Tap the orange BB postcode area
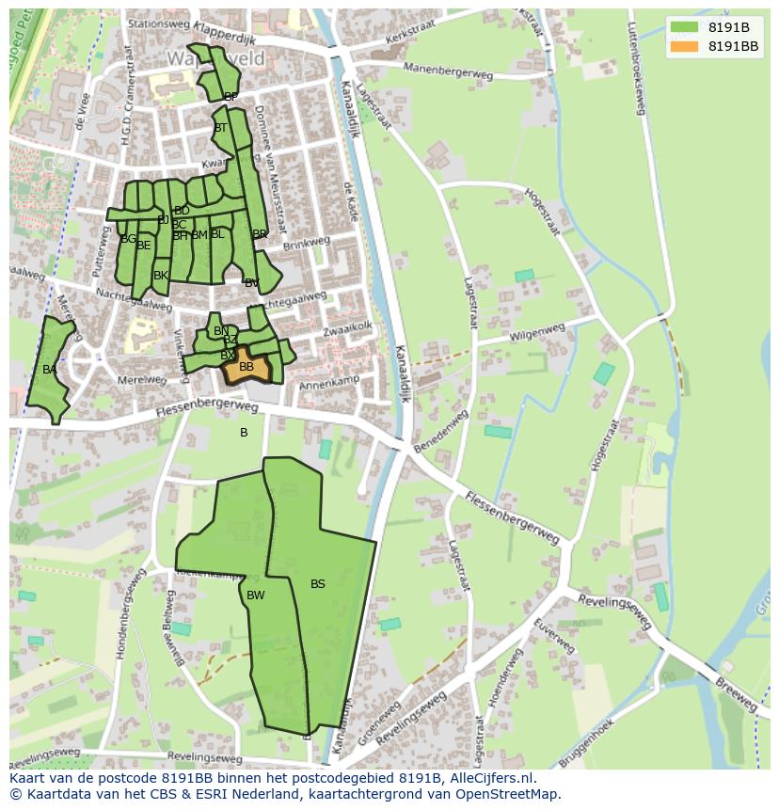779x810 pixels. (246, 366)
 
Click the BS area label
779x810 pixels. (318, 584)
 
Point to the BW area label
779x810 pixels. (255, 596)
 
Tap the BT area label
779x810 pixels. (220, 128)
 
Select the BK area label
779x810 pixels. (160, 276)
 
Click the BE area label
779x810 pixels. (143, 246)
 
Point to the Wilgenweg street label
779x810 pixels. (536, 333)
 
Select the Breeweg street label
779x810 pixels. (735, 695)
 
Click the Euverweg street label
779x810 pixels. (552, 636)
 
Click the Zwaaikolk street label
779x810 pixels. (348, 328)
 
